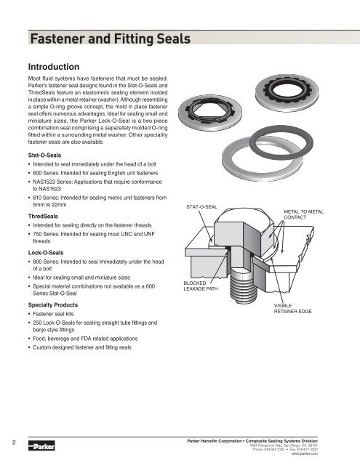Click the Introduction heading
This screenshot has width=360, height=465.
pyautogui.click(x=57, y=65)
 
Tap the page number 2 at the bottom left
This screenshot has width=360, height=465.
pyautogui.click(x=5, y=438)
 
